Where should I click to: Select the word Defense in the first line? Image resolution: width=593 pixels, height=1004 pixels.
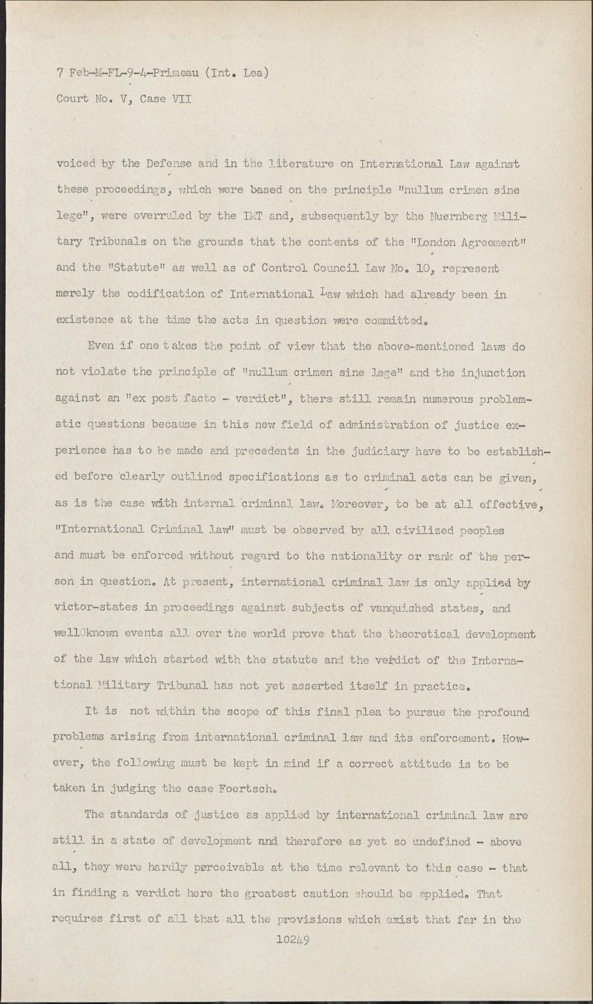(169, 164)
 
